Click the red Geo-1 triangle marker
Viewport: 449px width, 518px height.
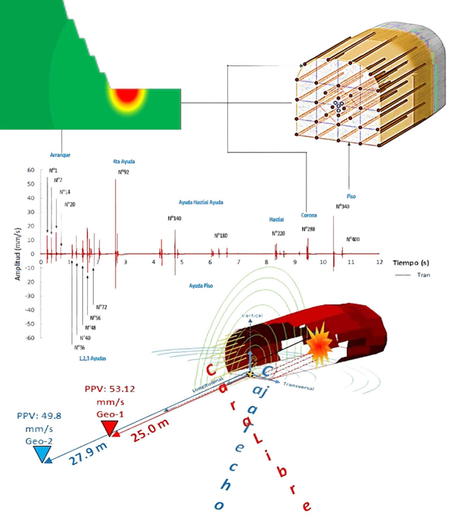coord(109,428)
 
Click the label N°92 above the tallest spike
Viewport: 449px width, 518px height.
coord(124,172)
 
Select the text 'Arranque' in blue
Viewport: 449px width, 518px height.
coord(60,155)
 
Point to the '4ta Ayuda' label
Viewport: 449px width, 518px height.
coord(124,161)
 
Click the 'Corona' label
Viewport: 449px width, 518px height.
coord(309,215)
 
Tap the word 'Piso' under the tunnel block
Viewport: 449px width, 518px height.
coord(351,196)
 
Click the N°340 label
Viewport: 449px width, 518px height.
coord(342,207)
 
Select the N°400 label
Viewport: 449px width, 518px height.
coord(353,239)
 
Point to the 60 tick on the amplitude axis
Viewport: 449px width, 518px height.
coord(31,170)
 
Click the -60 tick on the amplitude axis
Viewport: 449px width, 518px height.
coord(30,338)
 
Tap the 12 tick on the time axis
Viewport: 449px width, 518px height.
coord(379,262)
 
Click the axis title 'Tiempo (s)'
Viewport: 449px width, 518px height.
coord(411,263)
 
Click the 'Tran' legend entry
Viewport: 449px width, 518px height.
coord(424,275)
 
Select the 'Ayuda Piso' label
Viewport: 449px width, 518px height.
coord(201,286)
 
